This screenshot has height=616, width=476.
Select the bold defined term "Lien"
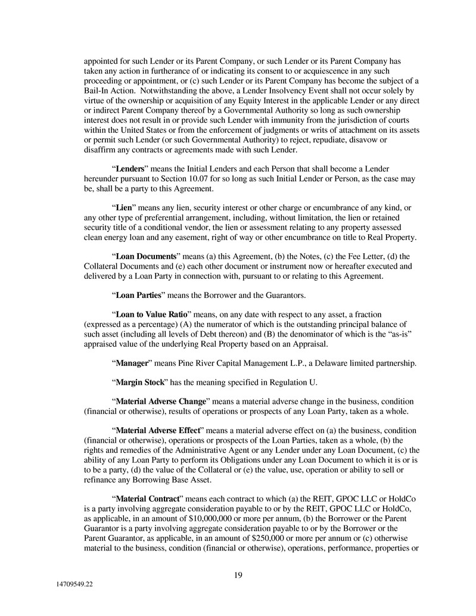click(x=123, y=208)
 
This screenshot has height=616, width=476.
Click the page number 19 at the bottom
click(x=238, y=575)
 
